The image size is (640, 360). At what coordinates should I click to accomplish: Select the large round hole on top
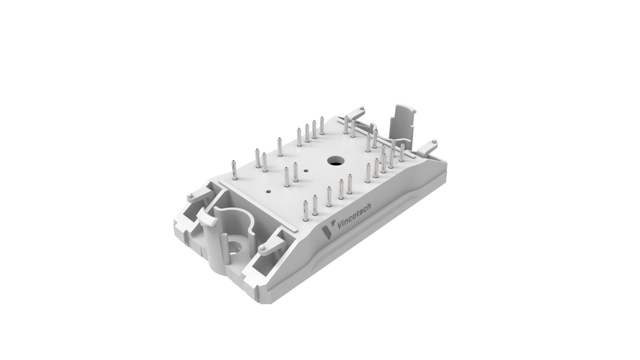pos(335,161)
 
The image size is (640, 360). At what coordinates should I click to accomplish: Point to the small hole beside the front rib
pos(268,192)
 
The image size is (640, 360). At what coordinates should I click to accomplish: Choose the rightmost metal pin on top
pos(402,153)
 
